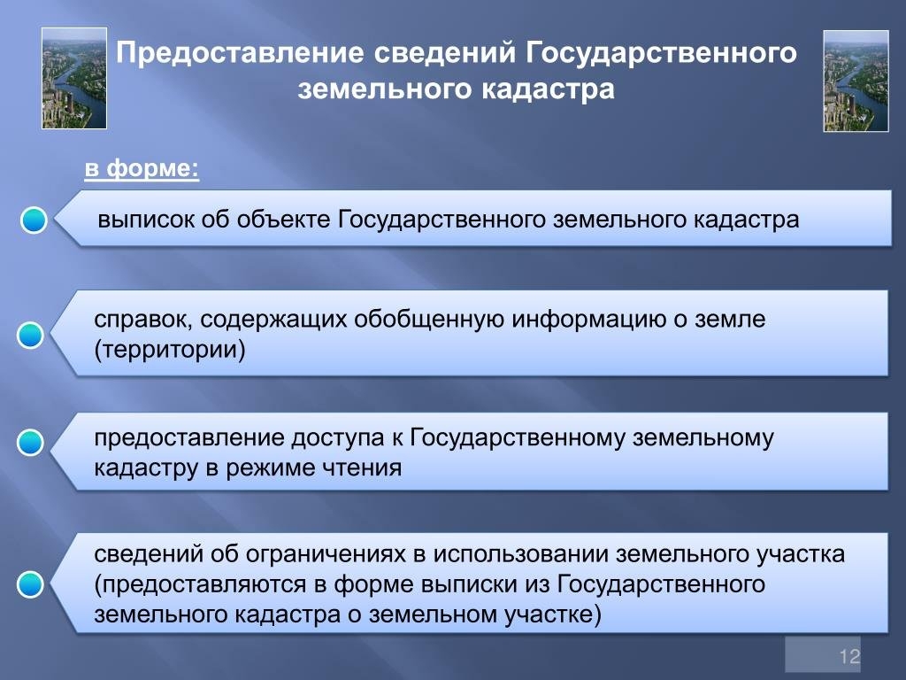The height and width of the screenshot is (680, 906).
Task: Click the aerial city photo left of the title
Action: point(74,78)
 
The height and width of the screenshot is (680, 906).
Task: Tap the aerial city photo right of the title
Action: point(856,81)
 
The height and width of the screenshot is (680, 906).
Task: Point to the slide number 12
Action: point(850,656)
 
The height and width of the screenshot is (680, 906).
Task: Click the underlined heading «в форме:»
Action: point(142,168)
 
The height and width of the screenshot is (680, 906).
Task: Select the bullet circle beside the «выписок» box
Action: point(34,220)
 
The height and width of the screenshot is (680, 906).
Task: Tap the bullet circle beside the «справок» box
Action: point(30,336)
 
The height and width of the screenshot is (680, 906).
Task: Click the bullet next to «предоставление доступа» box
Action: point(30,443)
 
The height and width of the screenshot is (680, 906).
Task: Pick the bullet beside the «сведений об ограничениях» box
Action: point(30,584)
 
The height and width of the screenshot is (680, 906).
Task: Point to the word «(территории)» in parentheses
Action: point(170,350)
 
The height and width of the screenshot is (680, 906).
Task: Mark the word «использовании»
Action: point(520,554)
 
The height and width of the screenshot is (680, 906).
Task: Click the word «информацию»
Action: point(588,320)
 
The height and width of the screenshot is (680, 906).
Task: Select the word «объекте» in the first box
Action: point(282,220)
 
